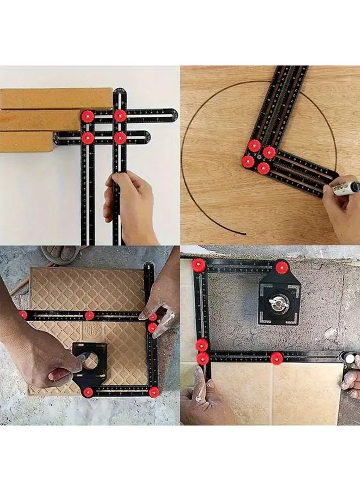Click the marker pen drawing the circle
(x=346, y=188)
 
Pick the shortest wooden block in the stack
(x=26, y=141)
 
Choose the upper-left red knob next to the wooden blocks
(x=88, y=116)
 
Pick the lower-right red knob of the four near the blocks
(x=120, y=137)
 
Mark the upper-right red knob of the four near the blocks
(x=120, y=116)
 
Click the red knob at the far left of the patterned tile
(x=23, y=315)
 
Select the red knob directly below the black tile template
(x=88, y=392)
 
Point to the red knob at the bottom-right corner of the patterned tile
(x=154, y=392)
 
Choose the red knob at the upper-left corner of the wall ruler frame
(x=199, y=265)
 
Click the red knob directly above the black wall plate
(x=281, y=267)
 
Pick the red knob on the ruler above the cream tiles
(x=277, y=358)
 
